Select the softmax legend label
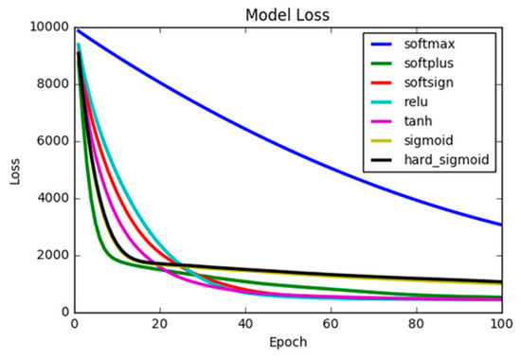click(x=448, y=45)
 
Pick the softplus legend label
click(x=450, y=64)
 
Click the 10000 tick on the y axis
click(x=47, y=27)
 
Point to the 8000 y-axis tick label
click(x=51, y=84)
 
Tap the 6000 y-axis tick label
click(x=51, y=141)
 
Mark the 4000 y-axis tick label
click(x=51, y=199)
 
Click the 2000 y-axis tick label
click(x=51, y=256)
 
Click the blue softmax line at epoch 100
click(x=501, y=225)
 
